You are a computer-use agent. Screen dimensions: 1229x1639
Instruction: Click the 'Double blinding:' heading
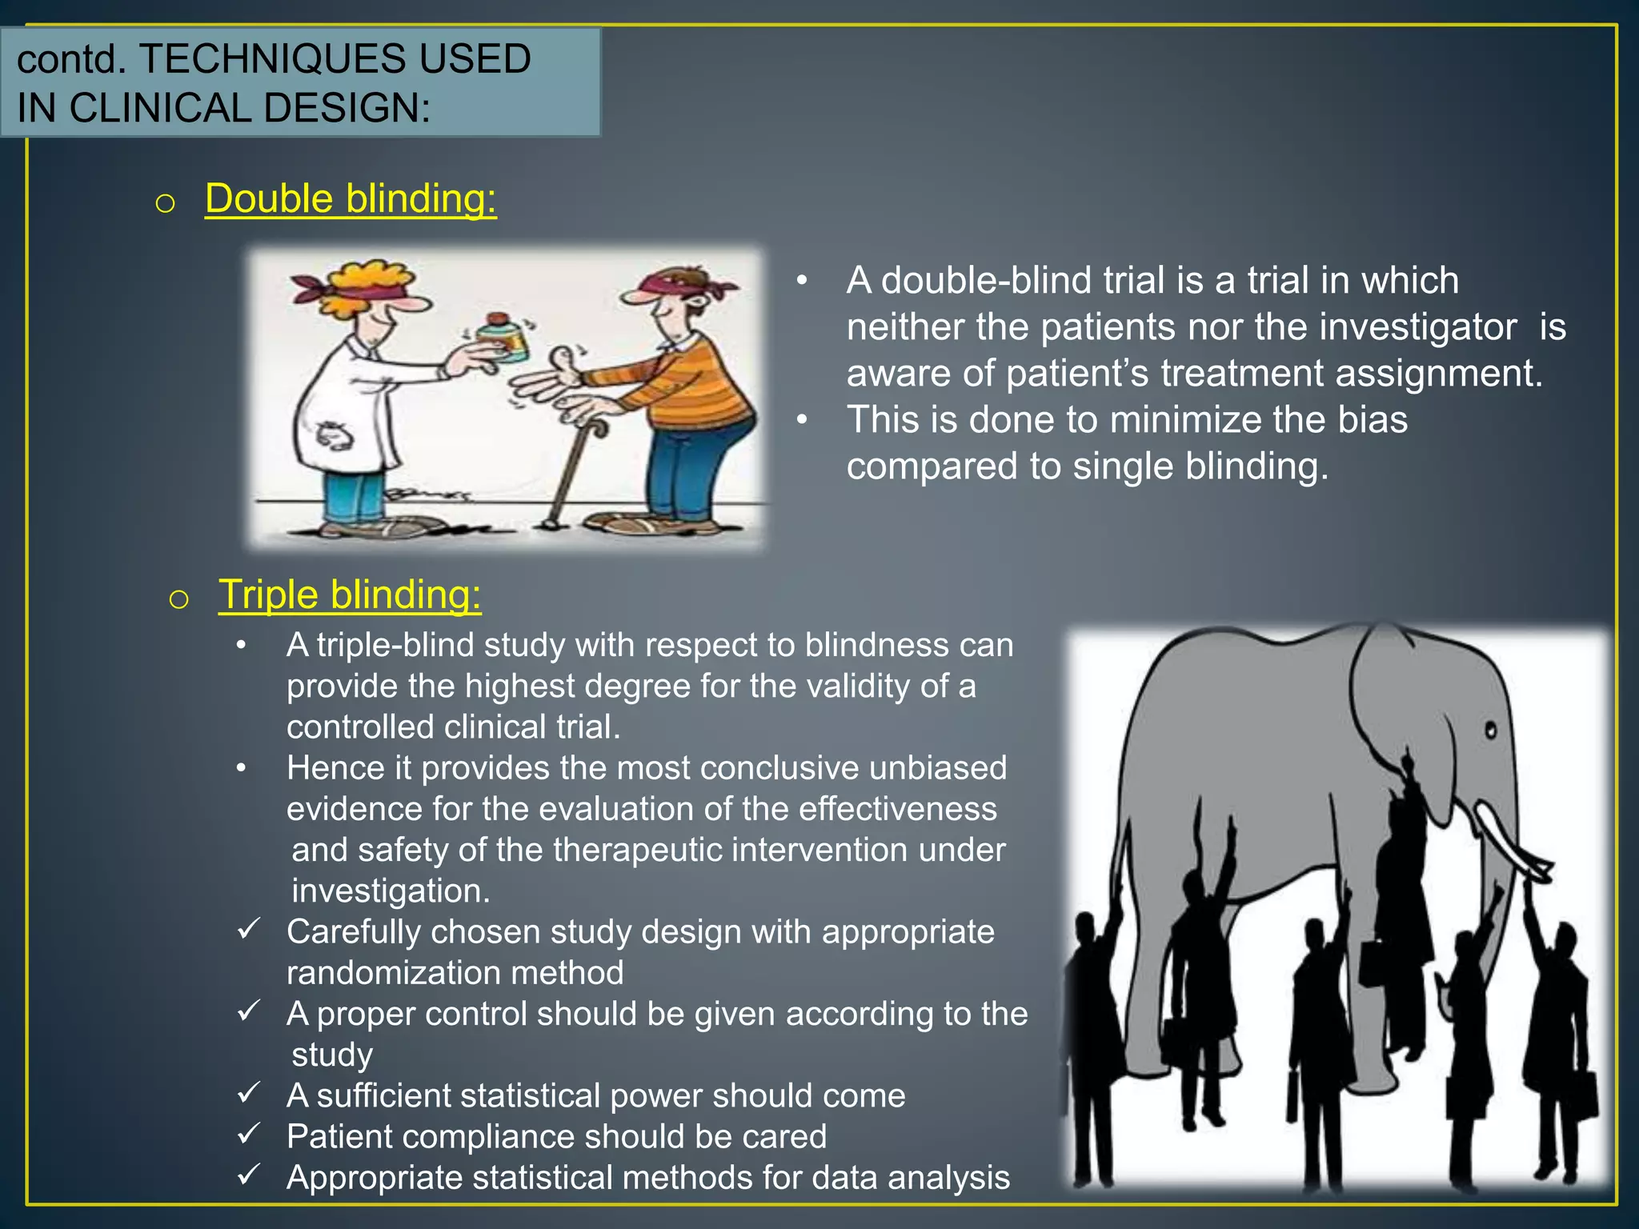pyautogui.click(x=351, y=198)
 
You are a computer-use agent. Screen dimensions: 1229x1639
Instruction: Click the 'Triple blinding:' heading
pyautogui.click(x=350, y=594)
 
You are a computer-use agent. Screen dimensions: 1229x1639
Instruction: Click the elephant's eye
pyautogui.click(x=1491, y=730)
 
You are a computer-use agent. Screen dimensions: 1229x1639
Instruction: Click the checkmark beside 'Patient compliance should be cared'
pyautogui.click(x=250, y=1133)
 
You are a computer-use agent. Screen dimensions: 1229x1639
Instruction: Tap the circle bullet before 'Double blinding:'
pyautogui.click(x=165, y=203)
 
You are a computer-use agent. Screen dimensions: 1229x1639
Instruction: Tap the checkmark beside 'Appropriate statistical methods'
pyautogui.click(x=250, y=1174)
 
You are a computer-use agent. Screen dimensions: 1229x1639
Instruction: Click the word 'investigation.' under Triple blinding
pyautogui.click(x=391, y=891)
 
